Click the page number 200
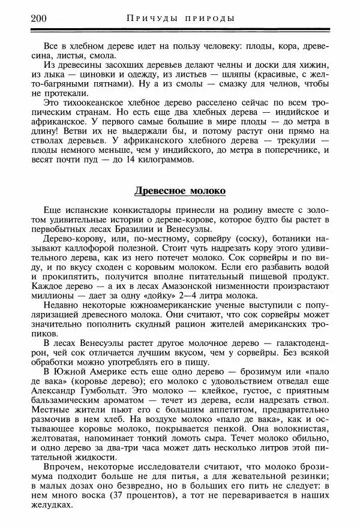[x=37, y=17]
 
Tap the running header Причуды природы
[x=181, y=18]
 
